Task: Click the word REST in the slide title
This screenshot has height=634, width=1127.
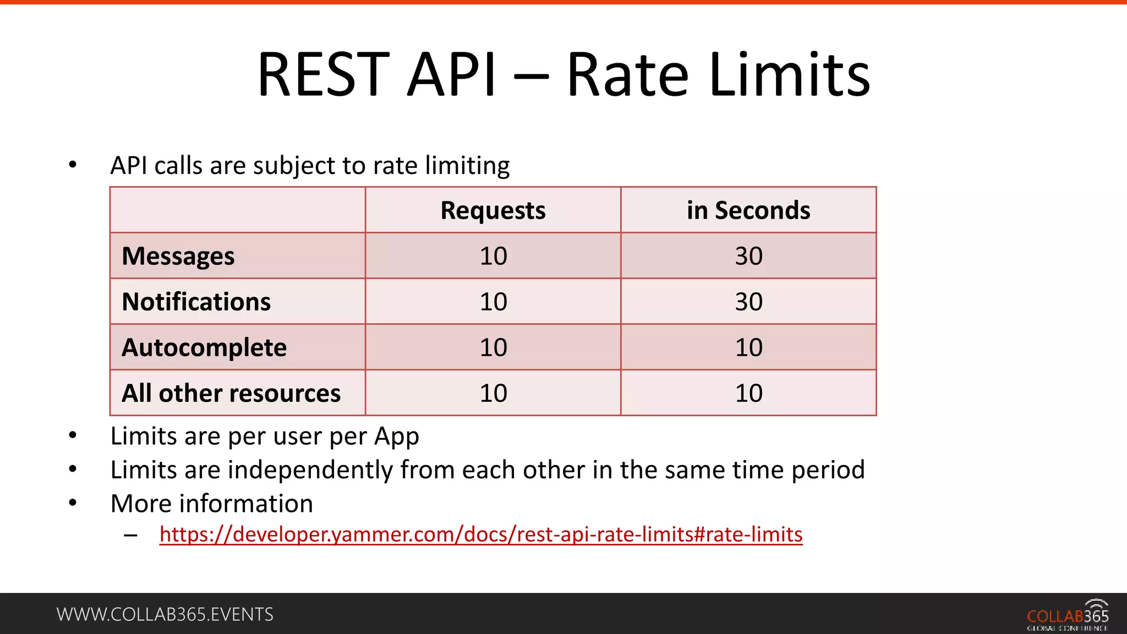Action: pos(323,75)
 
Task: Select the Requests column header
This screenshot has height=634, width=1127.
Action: pos(493,210)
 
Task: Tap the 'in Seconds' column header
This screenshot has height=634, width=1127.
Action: pos(748,210)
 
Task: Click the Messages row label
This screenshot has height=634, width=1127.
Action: pos(178,256)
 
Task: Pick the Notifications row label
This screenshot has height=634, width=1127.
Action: pos(196,302)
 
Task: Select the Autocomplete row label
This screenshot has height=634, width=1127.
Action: pos(204,347)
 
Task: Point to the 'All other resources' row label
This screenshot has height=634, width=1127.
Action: pos(231,393)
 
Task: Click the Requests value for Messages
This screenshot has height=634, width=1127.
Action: pos(493,256)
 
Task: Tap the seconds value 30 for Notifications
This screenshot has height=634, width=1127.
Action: pos(748,302)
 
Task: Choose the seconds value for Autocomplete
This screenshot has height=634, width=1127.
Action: pos(748,347)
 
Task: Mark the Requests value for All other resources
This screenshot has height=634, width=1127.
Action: pos(493,393)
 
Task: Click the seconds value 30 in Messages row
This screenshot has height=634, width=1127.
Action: pos(748,256)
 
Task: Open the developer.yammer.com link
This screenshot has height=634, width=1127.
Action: pos(481,534)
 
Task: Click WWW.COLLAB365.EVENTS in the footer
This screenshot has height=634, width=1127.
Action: pos(165,614)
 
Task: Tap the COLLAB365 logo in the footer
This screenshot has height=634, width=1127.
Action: pos(1068,615)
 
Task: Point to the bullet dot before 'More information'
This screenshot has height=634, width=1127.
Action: pos(73,502)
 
